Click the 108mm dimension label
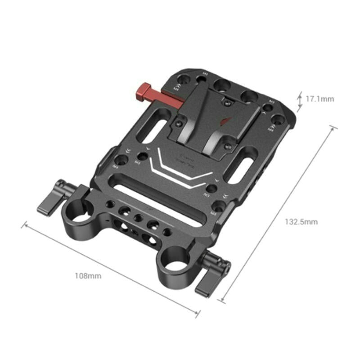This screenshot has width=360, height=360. point(88,276)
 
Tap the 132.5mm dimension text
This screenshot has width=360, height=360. point(301,221)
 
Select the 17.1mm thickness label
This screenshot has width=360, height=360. point(319,99)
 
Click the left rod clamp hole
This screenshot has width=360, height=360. point(79,217)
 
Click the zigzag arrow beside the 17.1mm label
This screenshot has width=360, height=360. point(300,99)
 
